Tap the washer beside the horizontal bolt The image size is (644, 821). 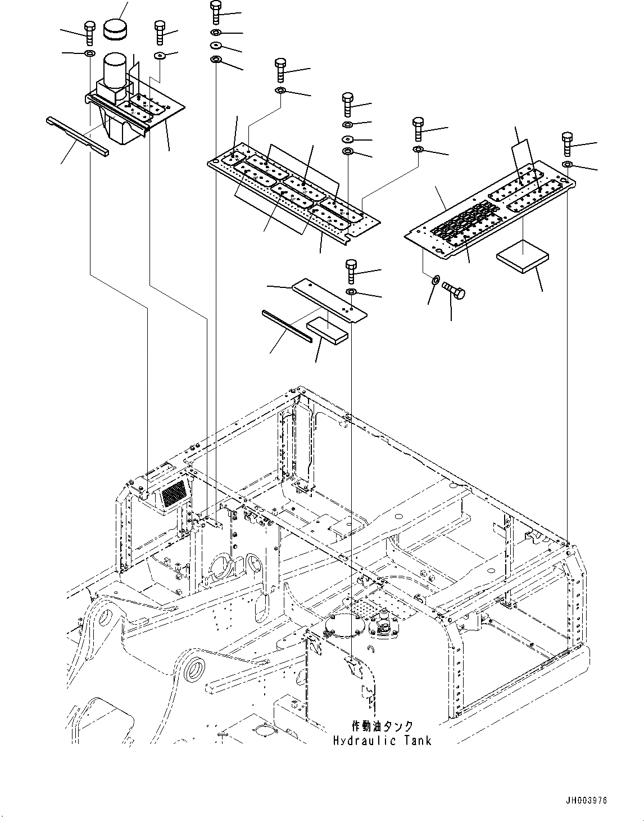(435, 279)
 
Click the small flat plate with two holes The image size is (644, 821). (329, 300)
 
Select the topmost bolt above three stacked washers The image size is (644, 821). (216, 11)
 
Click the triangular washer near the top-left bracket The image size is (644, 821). (160, 55)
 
